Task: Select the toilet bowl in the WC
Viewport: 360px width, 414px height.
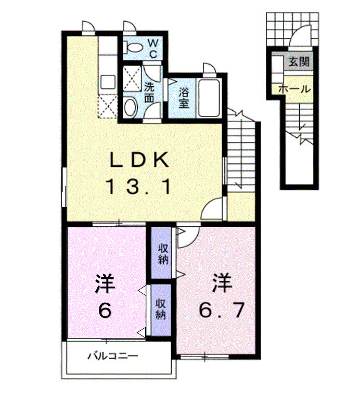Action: pos(135,48)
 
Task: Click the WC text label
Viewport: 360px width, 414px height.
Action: pos(154,47)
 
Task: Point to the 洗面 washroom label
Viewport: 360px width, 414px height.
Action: pos(149,92)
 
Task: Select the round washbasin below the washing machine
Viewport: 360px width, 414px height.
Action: pos(131,107)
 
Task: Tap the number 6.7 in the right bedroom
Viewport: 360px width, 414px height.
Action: pos(221,310)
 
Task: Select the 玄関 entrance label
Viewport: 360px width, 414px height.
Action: pos(299,62)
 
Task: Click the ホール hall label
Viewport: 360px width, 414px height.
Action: pos(294,88)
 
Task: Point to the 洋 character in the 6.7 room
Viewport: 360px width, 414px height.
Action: pos(221,283)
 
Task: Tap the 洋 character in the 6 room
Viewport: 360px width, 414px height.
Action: pos(105,284)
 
